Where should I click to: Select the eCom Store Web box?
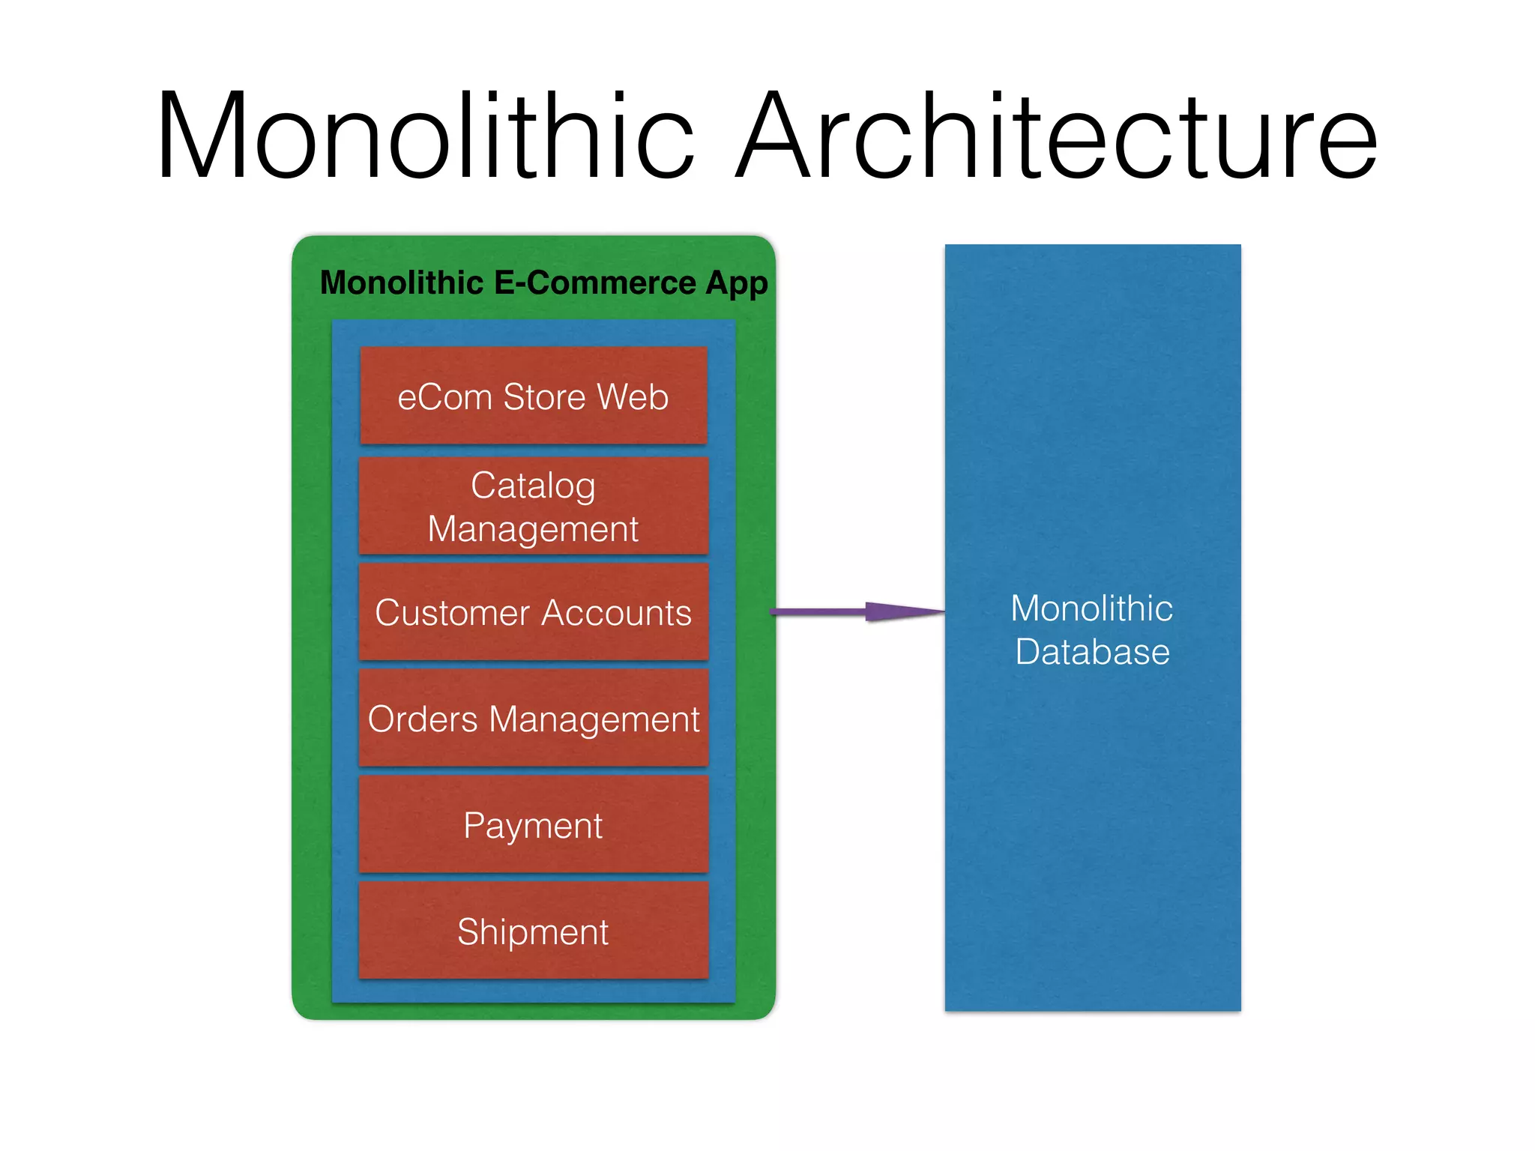tap(533, 396)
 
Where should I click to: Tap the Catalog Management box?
tap(533, 507)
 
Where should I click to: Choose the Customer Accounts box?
tap(533, 612)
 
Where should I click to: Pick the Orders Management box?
tap(533, 719)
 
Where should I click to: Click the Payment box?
tap(533, 825)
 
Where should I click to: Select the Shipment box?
tap(533, 931)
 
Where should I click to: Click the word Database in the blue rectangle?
tap(1092, 651)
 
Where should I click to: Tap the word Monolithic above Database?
tap(1091, 608)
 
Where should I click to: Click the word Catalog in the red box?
tap(533, 486)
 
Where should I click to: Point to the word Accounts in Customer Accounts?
tap(615, 613)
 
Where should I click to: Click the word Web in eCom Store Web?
tap(633, 396)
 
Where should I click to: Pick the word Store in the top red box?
tap(544, 396)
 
